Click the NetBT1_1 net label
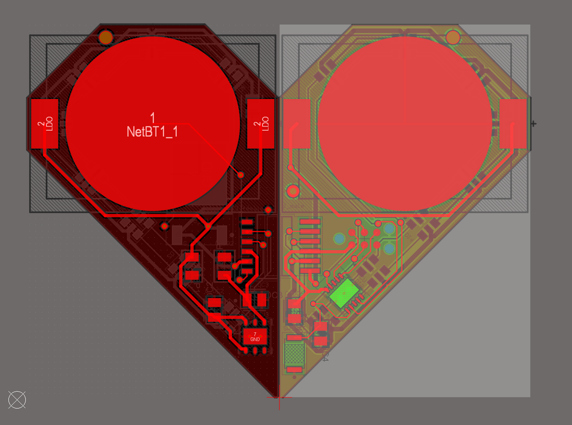(x=152, y=132)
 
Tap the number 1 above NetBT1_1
(x=153, y=118)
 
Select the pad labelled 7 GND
(x=255, y=337)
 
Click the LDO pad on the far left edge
(x=44, y=123)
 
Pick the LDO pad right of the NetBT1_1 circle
(x=261, y=123)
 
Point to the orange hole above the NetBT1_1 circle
(x=106, y=37)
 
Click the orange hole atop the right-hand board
(x=453, y=38)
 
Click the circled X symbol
(x=17, y=400)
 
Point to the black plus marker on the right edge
(x=534, y=124)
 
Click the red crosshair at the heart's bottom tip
(x=279, y=398)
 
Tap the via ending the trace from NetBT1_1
(x=241, y=175)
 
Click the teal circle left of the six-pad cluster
(x=339, y=239)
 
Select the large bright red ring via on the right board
(x=293, y=191)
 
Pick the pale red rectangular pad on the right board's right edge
(x=513, y=123)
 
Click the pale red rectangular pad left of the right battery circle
(x=297, y=123)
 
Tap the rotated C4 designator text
(x=325, y=356)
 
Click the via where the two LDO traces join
(x=208, y=226)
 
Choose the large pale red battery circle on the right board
(x=405, y=123)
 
